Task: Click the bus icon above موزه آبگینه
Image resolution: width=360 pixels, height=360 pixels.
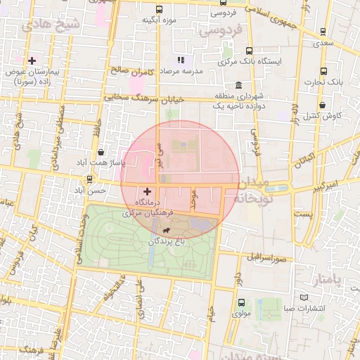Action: pos(160,10)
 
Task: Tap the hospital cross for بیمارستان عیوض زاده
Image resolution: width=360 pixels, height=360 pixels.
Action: pos(32,60)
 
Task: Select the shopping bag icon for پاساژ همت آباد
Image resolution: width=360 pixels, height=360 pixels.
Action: pos(102,151)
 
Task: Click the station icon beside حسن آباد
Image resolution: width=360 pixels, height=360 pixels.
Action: pos(89,179)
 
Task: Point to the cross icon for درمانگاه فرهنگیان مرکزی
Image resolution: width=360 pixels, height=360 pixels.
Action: pos(147,191)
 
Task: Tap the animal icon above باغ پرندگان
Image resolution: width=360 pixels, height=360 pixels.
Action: pos(165,230)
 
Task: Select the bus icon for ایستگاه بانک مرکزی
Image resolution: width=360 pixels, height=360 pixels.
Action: pos(250,51)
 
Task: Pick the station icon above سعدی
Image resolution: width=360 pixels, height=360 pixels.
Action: pos(323,32)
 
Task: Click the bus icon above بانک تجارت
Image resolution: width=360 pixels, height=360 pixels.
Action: pos(323,71)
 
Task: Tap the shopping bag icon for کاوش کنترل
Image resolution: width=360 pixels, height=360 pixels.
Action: pos(321,105)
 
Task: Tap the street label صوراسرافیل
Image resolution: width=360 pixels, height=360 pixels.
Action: pos(266,257)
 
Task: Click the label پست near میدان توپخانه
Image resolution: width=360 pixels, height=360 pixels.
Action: pos(302,213)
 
